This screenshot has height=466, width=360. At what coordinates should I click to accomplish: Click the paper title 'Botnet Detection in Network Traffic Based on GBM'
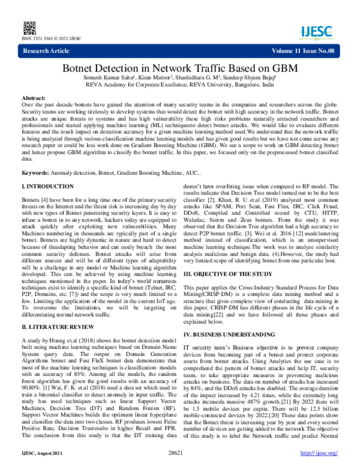(180, 68)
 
